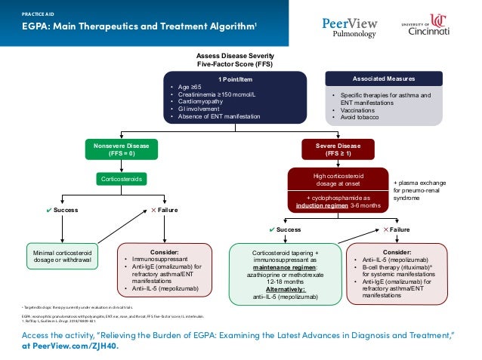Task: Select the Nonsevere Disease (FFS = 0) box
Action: (121, 149)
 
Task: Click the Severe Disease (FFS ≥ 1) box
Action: (333, 149)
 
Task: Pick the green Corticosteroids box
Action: (121, 179)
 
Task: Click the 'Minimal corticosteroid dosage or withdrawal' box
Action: (63, 256)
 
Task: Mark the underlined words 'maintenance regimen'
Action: (284, 269)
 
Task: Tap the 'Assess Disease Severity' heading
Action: (236, 57)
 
